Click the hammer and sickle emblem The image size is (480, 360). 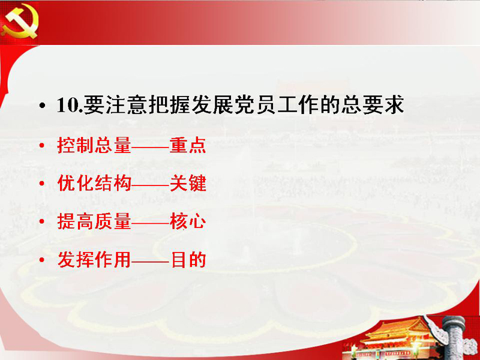[x=20, y=22]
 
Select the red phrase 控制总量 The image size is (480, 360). [x=94, y=145]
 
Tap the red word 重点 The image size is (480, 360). [x=188, y=145]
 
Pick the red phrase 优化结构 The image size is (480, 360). [x=94, y=184]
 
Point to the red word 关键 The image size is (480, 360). [x=188, y=184]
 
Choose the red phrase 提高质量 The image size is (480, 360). [x=94, y=221]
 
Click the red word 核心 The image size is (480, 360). [x=188, y=221]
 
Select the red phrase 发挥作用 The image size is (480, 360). [x=94, y=260]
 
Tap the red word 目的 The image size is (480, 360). [x=188, y=260]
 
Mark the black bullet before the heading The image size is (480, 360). [x=42, y=106]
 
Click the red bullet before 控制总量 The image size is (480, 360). [x=42, y=145]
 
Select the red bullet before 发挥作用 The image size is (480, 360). [x=42, y=260]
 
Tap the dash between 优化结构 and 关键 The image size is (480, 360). [x=151, y=184]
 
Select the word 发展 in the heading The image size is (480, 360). [x=213, y=105]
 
